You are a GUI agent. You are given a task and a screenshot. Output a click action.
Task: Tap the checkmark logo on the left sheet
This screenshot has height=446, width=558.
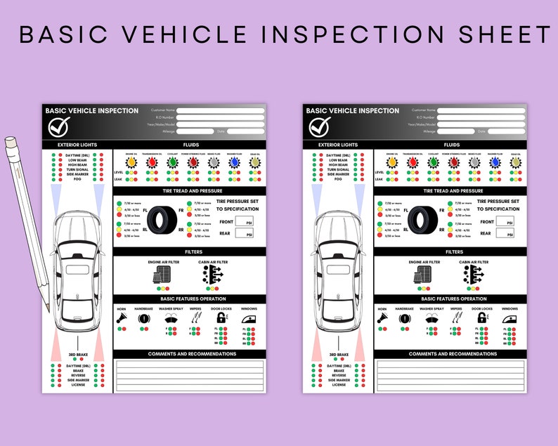[59, 126]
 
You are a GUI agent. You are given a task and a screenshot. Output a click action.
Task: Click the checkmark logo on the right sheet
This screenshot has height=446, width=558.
[320, 126]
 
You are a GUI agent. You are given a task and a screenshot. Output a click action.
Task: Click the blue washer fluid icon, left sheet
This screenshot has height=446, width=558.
[234, 163]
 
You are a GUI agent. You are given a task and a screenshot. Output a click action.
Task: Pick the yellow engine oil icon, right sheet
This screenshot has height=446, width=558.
[391, 163]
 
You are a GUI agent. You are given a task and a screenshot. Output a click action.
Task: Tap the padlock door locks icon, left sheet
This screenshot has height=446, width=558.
[220, 319]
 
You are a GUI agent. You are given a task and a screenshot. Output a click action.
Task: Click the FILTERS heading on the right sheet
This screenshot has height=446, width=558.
[453, 251]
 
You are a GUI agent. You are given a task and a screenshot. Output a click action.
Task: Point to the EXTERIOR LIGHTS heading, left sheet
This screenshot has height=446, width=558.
[77, 145]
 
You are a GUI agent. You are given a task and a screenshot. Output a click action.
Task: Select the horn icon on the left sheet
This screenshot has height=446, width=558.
[122, 318]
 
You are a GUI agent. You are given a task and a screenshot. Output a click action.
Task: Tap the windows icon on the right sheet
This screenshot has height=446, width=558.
[509, 319]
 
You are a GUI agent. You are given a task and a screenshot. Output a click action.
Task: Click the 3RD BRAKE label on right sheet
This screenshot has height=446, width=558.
[339, 355]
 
